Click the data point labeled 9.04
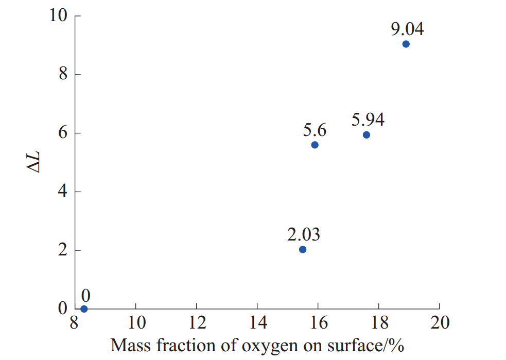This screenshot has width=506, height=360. (406, 44)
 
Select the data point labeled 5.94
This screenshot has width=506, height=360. (366, 135)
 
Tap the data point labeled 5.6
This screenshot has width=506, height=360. (315, 145)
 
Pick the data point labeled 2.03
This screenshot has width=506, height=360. (302, 250)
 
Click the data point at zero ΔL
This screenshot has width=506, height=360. (84, 309)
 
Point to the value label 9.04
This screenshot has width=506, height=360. (407, 29)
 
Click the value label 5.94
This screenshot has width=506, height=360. (368, 119)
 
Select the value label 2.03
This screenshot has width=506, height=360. (303, 235)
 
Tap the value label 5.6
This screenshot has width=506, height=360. (315, 130)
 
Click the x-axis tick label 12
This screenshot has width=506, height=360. (196, 323)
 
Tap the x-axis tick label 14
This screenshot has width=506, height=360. (257, 323)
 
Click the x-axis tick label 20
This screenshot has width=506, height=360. (439, 323)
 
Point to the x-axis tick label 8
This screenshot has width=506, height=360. (75, 323)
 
